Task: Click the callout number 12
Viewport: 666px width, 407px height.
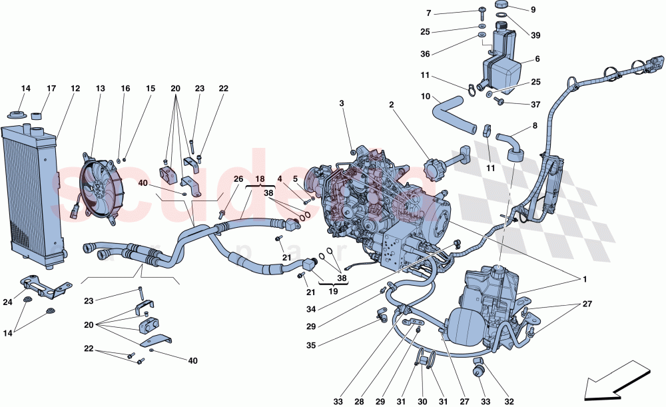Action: [x=75, y=89]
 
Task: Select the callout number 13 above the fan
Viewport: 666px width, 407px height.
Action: [x=101, y=89]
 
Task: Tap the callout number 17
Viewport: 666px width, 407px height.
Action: [x=51, y=89]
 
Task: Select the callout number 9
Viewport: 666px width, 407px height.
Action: [x=533, y=9]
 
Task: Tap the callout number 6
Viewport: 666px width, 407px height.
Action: [x=537, y=59]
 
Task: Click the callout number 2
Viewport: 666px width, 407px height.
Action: [x=392, y=105]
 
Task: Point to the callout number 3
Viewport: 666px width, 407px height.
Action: [x=342, y=103]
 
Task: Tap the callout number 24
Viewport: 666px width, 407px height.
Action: [x=8, y=302]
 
